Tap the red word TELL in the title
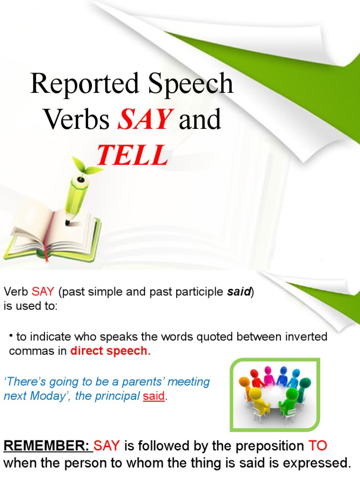tap(132, 155)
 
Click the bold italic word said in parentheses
tap(239, 292)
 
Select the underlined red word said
tap(154, 396)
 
